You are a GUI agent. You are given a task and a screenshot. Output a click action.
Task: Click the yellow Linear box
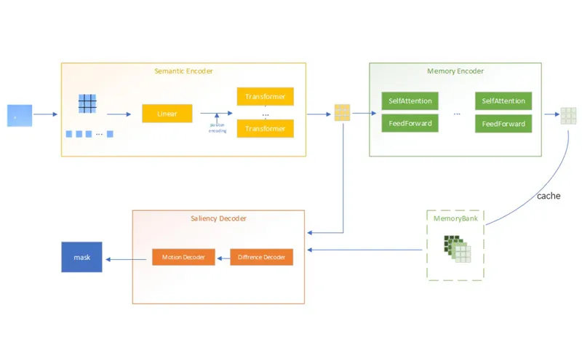click(x=167, y=114)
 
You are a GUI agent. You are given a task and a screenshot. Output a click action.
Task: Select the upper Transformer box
click(x=265, y=96)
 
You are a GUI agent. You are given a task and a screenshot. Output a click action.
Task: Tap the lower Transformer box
click(x=265, y=129)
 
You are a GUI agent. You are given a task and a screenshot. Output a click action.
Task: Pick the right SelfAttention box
click(x=503, y=100)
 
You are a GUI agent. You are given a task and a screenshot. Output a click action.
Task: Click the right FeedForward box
click(x=503, y=124)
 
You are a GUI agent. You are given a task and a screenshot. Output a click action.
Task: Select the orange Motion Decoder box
click(x=183, y=257)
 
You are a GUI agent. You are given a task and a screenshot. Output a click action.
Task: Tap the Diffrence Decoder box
click(x=261, y=257)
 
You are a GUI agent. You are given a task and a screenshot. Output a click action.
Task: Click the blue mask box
click(x=81, y=258)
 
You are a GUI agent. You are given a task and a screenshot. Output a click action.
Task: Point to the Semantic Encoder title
click(x=183, y=71)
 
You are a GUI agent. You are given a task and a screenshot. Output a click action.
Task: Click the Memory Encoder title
click(x=455, y=71)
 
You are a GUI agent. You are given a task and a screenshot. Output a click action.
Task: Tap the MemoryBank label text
click(x=455, y=218)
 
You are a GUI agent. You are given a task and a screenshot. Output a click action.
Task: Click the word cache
click(x=549, y=196)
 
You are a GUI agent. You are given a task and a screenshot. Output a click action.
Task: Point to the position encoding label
click(x=218, y=128)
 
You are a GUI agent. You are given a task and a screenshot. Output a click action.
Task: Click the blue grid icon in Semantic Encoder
click(x=87, y=104)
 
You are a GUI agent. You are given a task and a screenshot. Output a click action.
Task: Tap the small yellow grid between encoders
click(x=342, y=113)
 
